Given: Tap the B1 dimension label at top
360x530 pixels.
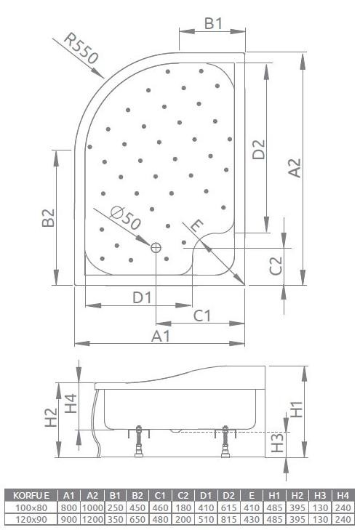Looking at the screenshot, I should click(212, 23).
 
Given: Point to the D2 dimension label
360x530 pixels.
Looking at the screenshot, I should click(258, 149).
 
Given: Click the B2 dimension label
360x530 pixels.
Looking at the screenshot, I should click(48, 220).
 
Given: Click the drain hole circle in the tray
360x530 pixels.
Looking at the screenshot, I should click(156, 248).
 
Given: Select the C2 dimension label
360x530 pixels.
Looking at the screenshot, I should click(276, 266).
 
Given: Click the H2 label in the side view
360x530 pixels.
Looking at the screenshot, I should click(50, 417).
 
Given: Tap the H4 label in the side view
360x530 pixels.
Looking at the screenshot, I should click(71, 403).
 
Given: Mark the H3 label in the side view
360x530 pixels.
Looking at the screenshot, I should click(276, 443).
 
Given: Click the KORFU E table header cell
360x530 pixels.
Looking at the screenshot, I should click(31, 495).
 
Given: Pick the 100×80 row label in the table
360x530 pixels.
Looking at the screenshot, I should click(31, 506).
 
